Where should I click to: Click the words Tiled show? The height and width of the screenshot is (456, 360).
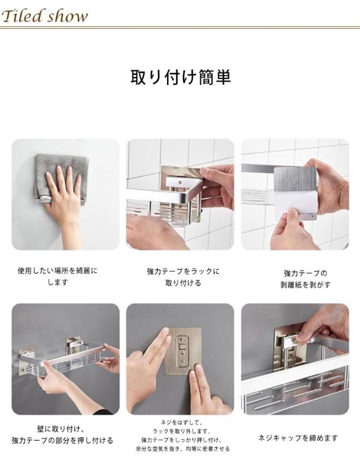point(44,16)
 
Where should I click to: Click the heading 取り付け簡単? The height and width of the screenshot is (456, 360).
point(180,77)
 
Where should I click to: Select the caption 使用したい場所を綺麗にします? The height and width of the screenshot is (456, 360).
point(57,276)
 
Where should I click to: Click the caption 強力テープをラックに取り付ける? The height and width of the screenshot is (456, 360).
point(183,277)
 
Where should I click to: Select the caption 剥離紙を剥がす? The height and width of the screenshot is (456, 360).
point(305,285)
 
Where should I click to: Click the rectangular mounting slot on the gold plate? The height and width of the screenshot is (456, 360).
point(182,347)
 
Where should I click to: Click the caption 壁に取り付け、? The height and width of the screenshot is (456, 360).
point(61,428)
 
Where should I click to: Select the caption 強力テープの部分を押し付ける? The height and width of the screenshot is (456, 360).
point(62,441)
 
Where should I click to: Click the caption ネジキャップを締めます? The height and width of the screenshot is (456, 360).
point(298,438)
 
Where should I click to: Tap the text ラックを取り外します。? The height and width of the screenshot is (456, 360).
point(182,431)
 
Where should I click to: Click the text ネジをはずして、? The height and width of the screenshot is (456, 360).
point(182,422)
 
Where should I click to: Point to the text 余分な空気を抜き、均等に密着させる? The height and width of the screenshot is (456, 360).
point(182,449)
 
